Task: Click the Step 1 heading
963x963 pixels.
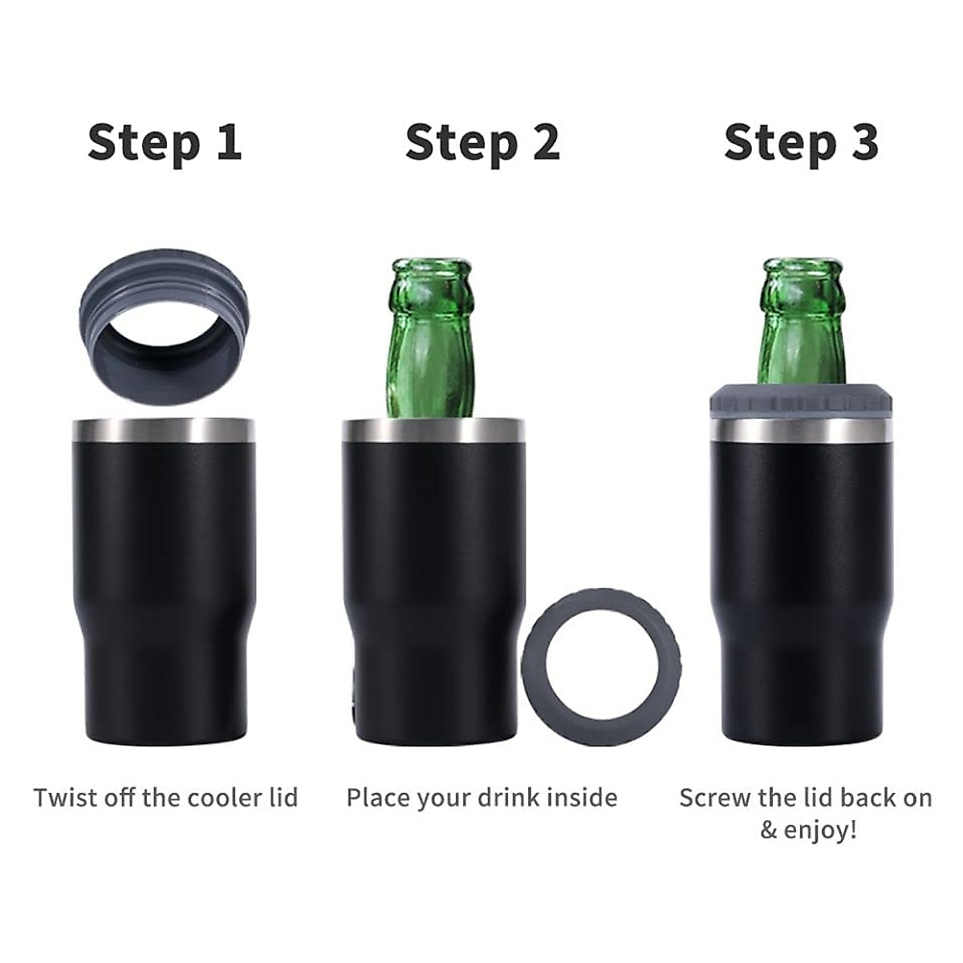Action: [x=165, y=143]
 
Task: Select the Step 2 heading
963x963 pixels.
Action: [x=482, y=143]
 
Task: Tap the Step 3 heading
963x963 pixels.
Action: [x=801, y=143]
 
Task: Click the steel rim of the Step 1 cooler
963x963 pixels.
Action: [x=165, y=431]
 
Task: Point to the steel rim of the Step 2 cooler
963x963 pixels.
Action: [x=433, y=431]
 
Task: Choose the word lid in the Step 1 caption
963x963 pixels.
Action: [x=282, y=798]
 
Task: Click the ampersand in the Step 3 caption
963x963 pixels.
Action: [x=769, y=830]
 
